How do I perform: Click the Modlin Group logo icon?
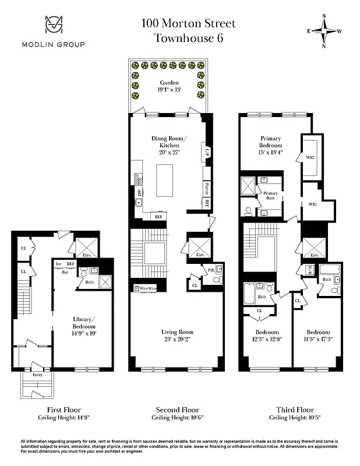tap(53, 26)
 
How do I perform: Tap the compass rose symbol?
tap(325, 31)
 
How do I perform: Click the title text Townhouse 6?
tap(188, 38)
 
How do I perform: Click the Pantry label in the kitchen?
tap(207, 188)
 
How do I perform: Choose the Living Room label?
tap(177, 332)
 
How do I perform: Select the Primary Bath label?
tap(271, 195)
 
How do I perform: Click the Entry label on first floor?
tap(37, 375)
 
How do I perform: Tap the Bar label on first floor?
tap(66, 271)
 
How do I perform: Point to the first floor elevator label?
tap(86, 253)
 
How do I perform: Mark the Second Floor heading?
tap(178, 409)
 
